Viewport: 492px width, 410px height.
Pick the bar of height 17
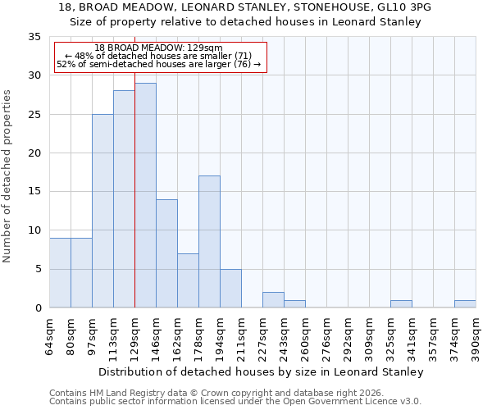point(209,242)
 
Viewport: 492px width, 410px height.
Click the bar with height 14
point(166,253)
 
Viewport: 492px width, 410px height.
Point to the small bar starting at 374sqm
point(465,304)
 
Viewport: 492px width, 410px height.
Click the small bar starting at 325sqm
point(401,304)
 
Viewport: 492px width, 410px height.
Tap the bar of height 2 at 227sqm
point(273,300)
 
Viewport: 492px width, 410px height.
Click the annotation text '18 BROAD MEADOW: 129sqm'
point(158,48)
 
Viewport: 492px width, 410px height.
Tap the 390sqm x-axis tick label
point(476,336)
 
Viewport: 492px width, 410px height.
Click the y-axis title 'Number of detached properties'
point(7,175)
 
